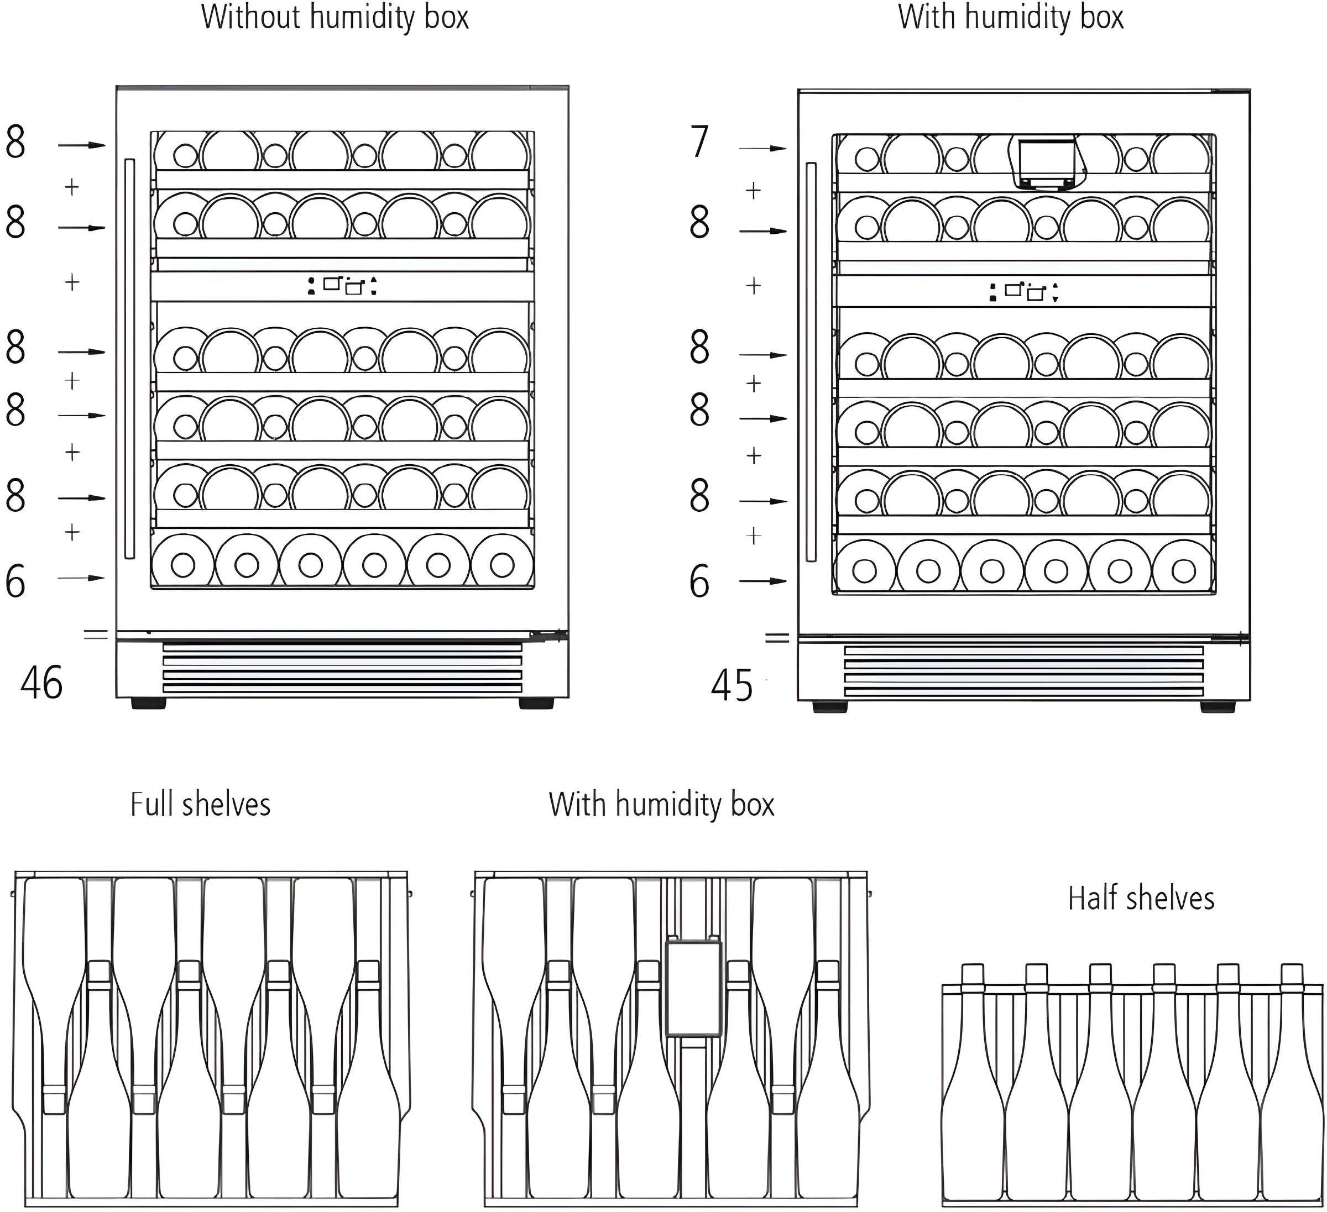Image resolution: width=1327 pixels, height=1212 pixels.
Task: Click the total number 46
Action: click(41, 683)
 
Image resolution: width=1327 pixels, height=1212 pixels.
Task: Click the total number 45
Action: click(732, 686)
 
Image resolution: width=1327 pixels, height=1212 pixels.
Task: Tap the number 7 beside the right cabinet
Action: click(699, 141)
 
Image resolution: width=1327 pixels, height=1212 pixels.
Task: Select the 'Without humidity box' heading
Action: click(335, 17)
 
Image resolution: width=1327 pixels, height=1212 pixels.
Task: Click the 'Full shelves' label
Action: click(200, 804)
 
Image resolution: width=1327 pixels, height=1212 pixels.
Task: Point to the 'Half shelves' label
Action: click(1141, 898)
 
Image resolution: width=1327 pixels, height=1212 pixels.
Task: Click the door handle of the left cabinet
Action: click(130, 359)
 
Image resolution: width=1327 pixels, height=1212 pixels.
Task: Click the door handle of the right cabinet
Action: click(811, 362)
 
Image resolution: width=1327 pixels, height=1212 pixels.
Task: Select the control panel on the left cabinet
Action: click(342, 286)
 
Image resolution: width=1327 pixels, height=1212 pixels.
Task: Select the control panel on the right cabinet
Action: click(1023, 291)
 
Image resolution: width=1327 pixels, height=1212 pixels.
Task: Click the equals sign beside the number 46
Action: click(96, 634)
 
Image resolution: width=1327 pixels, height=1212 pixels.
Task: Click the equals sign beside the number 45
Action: click(777, 637)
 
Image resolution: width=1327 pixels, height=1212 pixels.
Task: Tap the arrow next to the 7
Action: click(762, 149)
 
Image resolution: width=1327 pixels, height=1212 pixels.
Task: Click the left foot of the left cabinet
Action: click(149, 704)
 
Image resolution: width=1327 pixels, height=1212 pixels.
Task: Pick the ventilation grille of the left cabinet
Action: click(342, 668)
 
